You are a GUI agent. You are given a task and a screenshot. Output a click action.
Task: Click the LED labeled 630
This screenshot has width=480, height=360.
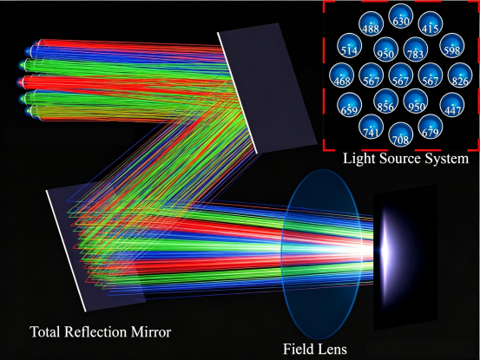tap(400, 16)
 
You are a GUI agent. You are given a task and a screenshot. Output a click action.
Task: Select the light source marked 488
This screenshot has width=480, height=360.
tap(371, 24)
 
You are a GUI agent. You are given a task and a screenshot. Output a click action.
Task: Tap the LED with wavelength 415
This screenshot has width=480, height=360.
tap(431, 24)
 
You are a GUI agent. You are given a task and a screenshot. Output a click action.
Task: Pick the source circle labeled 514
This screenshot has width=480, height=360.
tap(349, 46)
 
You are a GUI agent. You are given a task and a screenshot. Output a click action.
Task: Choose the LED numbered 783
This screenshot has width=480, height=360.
tap(416, 49)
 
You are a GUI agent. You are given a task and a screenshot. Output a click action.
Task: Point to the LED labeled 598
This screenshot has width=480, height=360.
tap(452, 46)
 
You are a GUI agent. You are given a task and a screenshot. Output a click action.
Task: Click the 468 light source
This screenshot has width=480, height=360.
tap(342, 75)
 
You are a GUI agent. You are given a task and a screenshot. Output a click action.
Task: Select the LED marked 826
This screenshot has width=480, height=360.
tap(460, 75)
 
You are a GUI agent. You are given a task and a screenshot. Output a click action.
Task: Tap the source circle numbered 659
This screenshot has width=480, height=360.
tap(349, 105)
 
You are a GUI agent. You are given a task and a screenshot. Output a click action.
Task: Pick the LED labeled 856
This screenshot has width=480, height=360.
tap(385, 101)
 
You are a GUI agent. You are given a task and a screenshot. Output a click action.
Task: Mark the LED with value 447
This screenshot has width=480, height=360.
tap(452, 105)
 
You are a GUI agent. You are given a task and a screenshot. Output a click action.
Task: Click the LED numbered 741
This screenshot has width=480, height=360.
tap(371, 127)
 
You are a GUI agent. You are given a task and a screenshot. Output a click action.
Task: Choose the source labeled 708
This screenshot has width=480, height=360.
tap(400, 134)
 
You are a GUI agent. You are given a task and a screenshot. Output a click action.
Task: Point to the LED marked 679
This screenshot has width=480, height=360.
tap(431, 127)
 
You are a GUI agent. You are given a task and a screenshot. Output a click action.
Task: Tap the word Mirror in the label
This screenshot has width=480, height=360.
tap(151, 332)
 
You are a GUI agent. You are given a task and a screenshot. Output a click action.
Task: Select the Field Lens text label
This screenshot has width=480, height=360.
tap(315, 349)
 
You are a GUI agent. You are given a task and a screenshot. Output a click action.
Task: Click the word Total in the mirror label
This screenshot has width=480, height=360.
tap(44, 332)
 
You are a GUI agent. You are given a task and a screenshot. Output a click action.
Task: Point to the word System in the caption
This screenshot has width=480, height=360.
tap(444, 160)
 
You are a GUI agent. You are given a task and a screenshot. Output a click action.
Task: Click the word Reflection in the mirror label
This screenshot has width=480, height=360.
tap(95, 332)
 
